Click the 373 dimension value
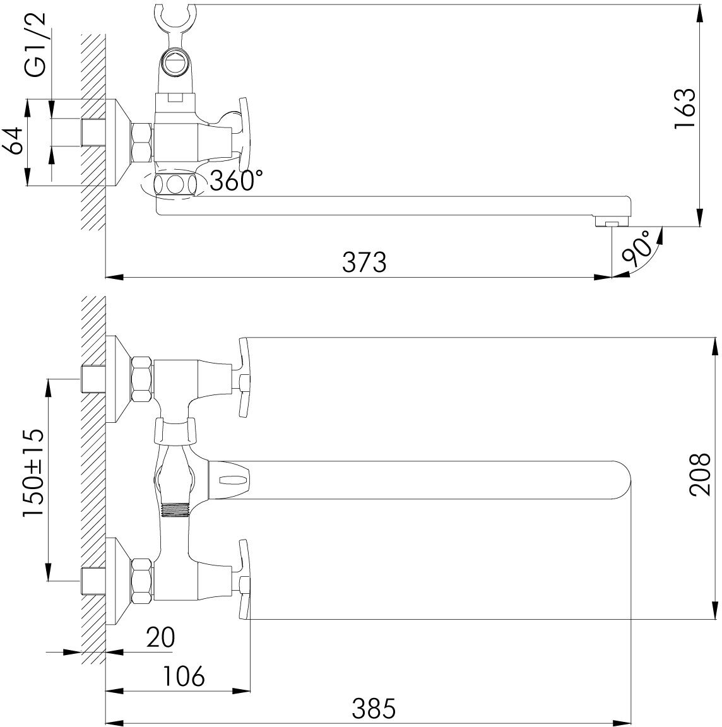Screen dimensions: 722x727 pos(364,261)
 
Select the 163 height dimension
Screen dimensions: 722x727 pos(684,109)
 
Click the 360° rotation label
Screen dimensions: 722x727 pos(236,180)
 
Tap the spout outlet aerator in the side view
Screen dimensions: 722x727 pos(610,223)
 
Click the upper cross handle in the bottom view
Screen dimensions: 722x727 pos(245,377)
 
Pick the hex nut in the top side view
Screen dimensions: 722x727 pos(141,142)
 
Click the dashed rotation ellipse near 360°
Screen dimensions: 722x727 pos(173,185)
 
